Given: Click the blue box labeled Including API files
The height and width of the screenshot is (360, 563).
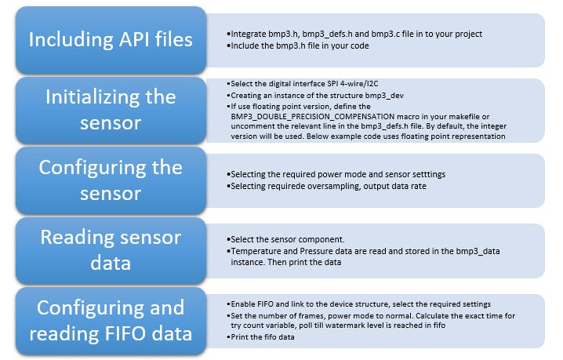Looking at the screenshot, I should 110,39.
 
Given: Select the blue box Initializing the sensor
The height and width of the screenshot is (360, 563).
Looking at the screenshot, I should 110,110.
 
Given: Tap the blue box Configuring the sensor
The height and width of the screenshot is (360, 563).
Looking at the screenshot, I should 110,180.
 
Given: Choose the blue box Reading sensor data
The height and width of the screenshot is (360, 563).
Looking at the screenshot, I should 110,250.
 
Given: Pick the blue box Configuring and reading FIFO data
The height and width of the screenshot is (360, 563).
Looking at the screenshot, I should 110,320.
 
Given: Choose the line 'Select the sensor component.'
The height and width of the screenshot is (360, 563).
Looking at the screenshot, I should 283,238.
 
